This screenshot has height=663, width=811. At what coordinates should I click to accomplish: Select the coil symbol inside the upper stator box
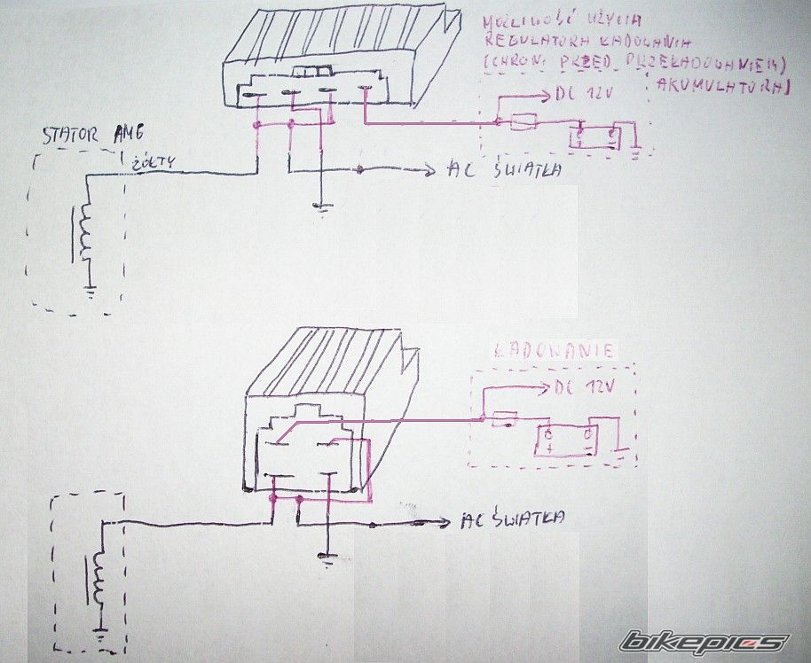pos(86,234)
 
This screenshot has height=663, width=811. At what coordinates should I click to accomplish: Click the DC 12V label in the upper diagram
pos(581,93)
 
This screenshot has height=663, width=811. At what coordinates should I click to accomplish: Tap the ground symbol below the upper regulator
pos(322,208)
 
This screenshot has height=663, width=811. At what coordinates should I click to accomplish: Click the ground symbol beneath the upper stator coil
pos(90,288)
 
